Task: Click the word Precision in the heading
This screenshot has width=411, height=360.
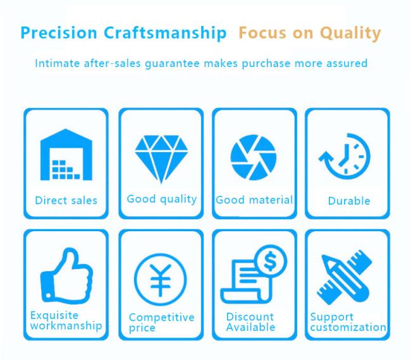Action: point(59,33)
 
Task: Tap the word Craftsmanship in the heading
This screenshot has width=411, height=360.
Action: point(165,33)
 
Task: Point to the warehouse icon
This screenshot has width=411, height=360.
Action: point(66,155)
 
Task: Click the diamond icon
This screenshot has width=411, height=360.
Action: point(161,159)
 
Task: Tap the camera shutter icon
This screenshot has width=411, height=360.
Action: point(253,157)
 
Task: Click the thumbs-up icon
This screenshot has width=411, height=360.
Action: point(66,275)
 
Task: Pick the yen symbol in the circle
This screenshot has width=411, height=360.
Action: point(161,280)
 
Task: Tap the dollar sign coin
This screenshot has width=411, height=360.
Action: point(271,261)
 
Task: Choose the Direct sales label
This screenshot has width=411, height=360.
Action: point(66,201)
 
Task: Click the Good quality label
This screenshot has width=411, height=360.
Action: point(162,199)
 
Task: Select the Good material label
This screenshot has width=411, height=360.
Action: point(254,200)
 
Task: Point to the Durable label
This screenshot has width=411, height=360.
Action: point(349,201)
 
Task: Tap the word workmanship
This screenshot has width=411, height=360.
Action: point(66,326)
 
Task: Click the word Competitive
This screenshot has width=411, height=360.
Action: point(162,318)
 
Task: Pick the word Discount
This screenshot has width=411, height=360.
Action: point(250,317)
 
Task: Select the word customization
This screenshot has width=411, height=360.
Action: point(348,327)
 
